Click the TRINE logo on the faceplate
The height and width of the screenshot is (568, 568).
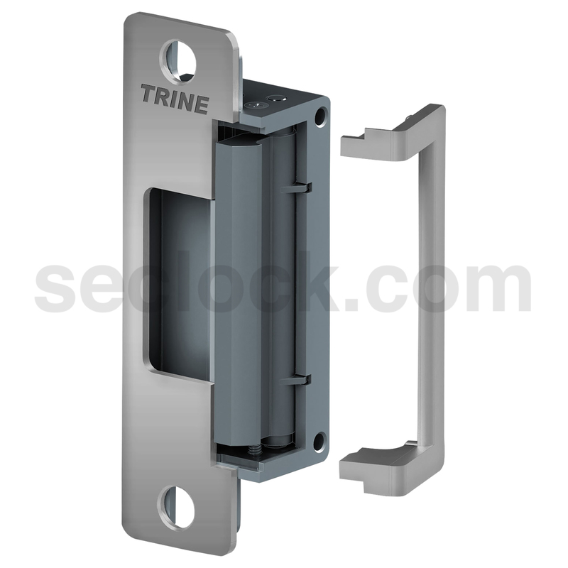(175, 99)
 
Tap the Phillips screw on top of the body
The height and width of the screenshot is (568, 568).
(256, 105)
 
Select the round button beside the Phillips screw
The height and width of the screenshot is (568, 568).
(277, 98)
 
